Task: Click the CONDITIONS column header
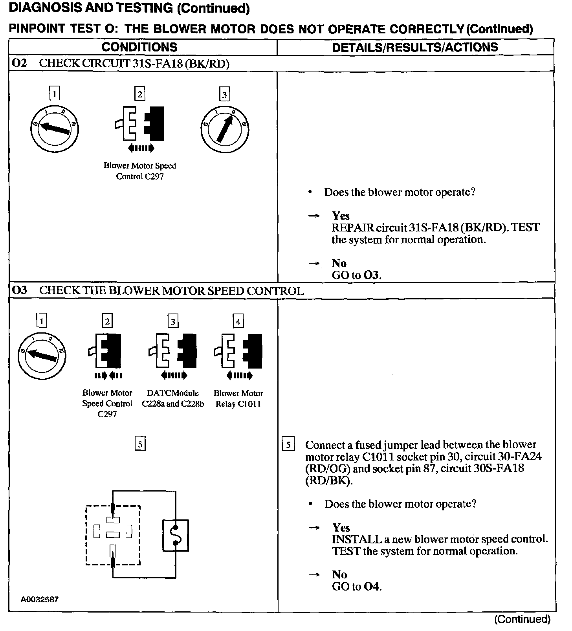[139, 47]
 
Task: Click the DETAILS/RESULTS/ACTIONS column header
[415, 48]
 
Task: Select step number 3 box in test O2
[224, 94]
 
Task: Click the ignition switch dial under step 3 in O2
[224, 129]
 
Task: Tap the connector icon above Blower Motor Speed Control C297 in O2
[140, 123]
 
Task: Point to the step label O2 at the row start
[19, 63]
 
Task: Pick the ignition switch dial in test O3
[42, 356]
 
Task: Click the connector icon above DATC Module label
[173, 351]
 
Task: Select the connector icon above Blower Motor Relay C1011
[238, 351]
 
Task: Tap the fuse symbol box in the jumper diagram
[176, 535]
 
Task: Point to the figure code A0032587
[40, 599]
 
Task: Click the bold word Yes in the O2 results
[341, 216]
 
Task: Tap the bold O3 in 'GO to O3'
[372, 275]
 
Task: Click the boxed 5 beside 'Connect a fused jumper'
[288, 445]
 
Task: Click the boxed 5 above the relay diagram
[140, 444]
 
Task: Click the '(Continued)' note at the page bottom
[522, 620]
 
